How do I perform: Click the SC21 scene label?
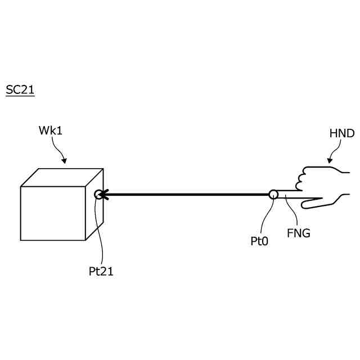20,90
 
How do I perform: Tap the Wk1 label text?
50,130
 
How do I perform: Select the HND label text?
341,134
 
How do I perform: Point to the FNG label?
298,232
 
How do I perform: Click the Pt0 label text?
260,241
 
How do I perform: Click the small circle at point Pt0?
273,195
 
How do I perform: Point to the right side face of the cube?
94,217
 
